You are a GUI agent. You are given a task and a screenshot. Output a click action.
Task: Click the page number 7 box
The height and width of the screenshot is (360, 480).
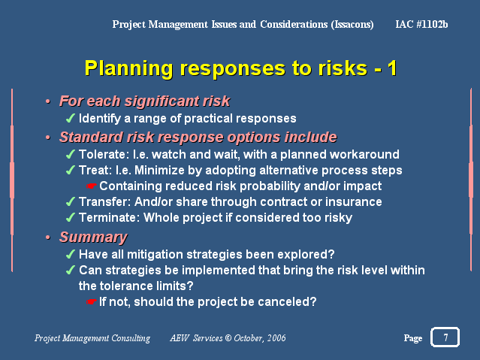pos(445,337)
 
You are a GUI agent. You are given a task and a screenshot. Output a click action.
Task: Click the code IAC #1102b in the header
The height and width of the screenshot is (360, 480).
pos(421,24)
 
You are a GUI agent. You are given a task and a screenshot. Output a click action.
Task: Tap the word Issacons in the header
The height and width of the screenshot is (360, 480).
pos(352,25)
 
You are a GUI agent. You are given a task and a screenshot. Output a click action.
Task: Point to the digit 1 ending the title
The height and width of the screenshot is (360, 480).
pos(392,68)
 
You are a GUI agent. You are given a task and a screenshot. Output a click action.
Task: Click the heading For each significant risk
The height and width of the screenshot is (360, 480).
pos(144,101)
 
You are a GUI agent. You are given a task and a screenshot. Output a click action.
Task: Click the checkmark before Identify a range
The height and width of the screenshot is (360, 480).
pos(71,118)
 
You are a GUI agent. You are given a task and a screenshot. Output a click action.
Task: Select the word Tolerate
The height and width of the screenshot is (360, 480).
pos(102,154)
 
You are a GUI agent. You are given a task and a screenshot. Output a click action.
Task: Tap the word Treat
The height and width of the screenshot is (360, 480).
pos(93,170)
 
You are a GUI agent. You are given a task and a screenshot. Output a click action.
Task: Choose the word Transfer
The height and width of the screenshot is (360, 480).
pos(102,201)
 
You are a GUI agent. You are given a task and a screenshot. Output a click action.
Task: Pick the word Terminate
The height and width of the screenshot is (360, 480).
pos(107,217)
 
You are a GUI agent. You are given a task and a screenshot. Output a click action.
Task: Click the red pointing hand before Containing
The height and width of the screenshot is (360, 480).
pos(91,186)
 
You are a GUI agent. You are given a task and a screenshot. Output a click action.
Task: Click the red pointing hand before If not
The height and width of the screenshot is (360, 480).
pos(91,302)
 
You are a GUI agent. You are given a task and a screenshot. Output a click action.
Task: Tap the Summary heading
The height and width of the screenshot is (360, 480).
pos(93,237)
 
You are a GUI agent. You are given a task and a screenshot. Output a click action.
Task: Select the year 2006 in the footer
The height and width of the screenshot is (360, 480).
pos(276,338)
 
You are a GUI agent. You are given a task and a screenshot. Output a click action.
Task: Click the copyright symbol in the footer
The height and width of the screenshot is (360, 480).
pos(228,338)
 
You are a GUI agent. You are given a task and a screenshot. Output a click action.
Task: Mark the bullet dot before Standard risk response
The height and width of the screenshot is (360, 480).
pos(48,138)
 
